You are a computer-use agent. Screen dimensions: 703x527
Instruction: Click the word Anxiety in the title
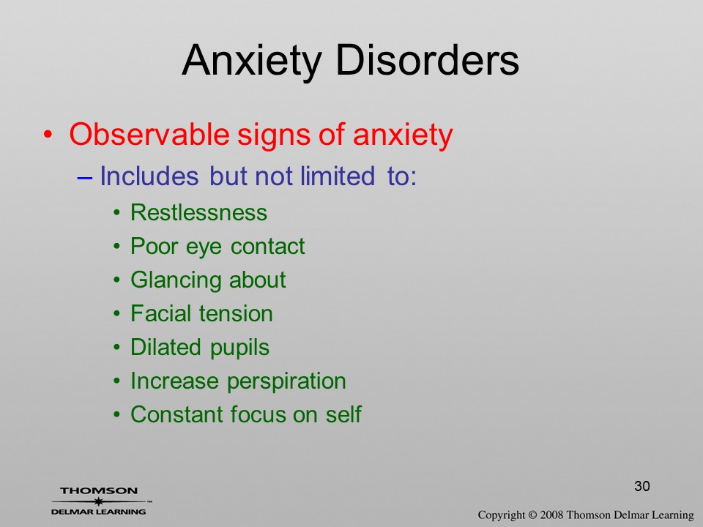coord(252,61)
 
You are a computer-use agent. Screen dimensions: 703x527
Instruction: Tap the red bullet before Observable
coord(48,135)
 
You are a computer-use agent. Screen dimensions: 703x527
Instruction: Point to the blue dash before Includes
coord(84,177)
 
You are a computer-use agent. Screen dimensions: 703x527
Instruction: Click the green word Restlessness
coord(198,212)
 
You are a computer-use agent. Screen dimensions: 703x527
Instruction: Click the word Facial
coord(161,313)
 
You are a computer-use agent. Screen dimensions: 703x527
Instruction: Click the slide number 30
coord(642,486)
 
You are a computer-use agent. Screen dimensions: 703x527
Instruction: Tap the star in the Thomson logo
coord(98,501)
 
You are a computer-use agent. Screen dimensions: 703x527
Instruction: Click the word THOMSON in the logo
coord(99,490)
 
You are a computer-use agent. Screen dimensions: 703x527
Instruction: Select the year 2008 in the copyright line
coord(551,515)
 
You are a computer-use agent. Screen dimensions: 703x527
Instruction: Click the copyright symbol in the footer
coord(532,515)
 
